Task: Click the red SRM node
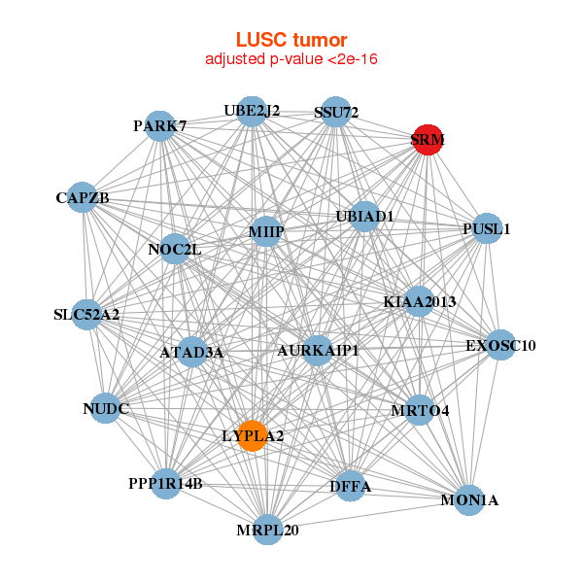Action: click(x=428, y=140)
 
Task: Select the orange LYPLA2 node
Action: click(x=252, y=435)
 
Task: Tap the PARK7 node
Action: click(x=160, y=125)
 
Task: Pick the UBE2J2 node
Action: click(x=252, y=111)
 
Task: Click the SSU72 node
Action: click(x=335, y=113)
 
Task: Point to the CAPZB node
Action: click(x=83, y=198)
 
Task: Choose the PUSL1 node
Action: click(x=487, y=229)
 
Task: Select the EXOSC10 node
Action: click(x=499, y=345)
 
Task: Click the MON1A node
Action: click(x=469, y=500)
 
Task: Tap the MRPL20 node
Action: click(x=267, y=530)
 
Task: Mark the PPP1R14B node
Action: click(x=165, y=482)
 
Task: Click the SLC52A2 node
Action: click(x=86, y=315)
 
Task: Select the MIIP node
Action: click(x=265, y=231)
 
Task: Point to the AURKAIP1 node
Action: click(x=318, y=350)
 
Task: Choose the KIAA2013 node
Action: click(x=420, y=302)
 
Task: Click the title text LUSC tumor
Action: click(x=291, y=40)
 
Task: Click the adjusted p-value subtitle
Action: click(x=291, y=59)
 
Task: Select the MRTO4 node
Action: click(x=420, y=410)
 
